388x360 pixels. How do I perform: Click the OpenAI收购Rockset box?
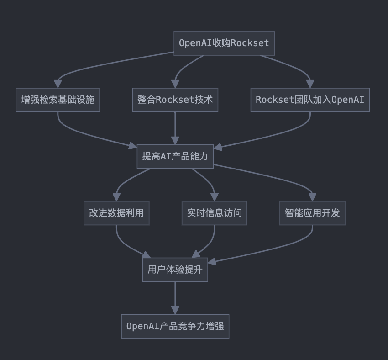[224, 43]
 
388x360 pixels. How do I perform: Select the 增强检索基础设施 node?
[58, 100]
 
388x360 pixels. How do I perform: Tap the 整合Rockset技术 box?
[175, 100]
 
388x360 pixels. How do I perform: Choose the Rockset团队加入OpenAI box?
[310, 100]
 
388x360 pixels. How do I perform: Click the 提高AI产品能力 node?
[175, 156]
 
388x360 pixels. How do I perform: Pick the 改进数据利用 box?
[116, 213]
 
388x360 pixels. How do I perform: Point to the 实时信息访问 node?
[214, 213]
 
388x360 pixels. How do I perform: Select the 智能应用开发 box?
[312, 213]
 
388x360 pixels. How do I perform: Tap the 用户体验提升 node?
[175, 270]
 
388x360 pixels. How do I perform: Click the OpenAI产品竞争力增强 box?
[175, 326]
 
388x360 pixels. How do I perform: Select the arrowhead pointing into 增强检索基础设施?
[58, 84]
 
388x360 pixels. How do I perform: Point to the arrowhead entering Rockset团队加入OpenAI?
[310, 84]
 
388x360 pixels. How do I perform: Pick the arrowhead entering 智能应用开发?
[312, 197]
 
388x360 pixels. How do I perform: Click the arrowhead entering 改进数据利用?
[116, 197]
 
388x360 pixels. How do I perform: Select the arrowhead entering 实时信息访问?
[214, 197]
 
